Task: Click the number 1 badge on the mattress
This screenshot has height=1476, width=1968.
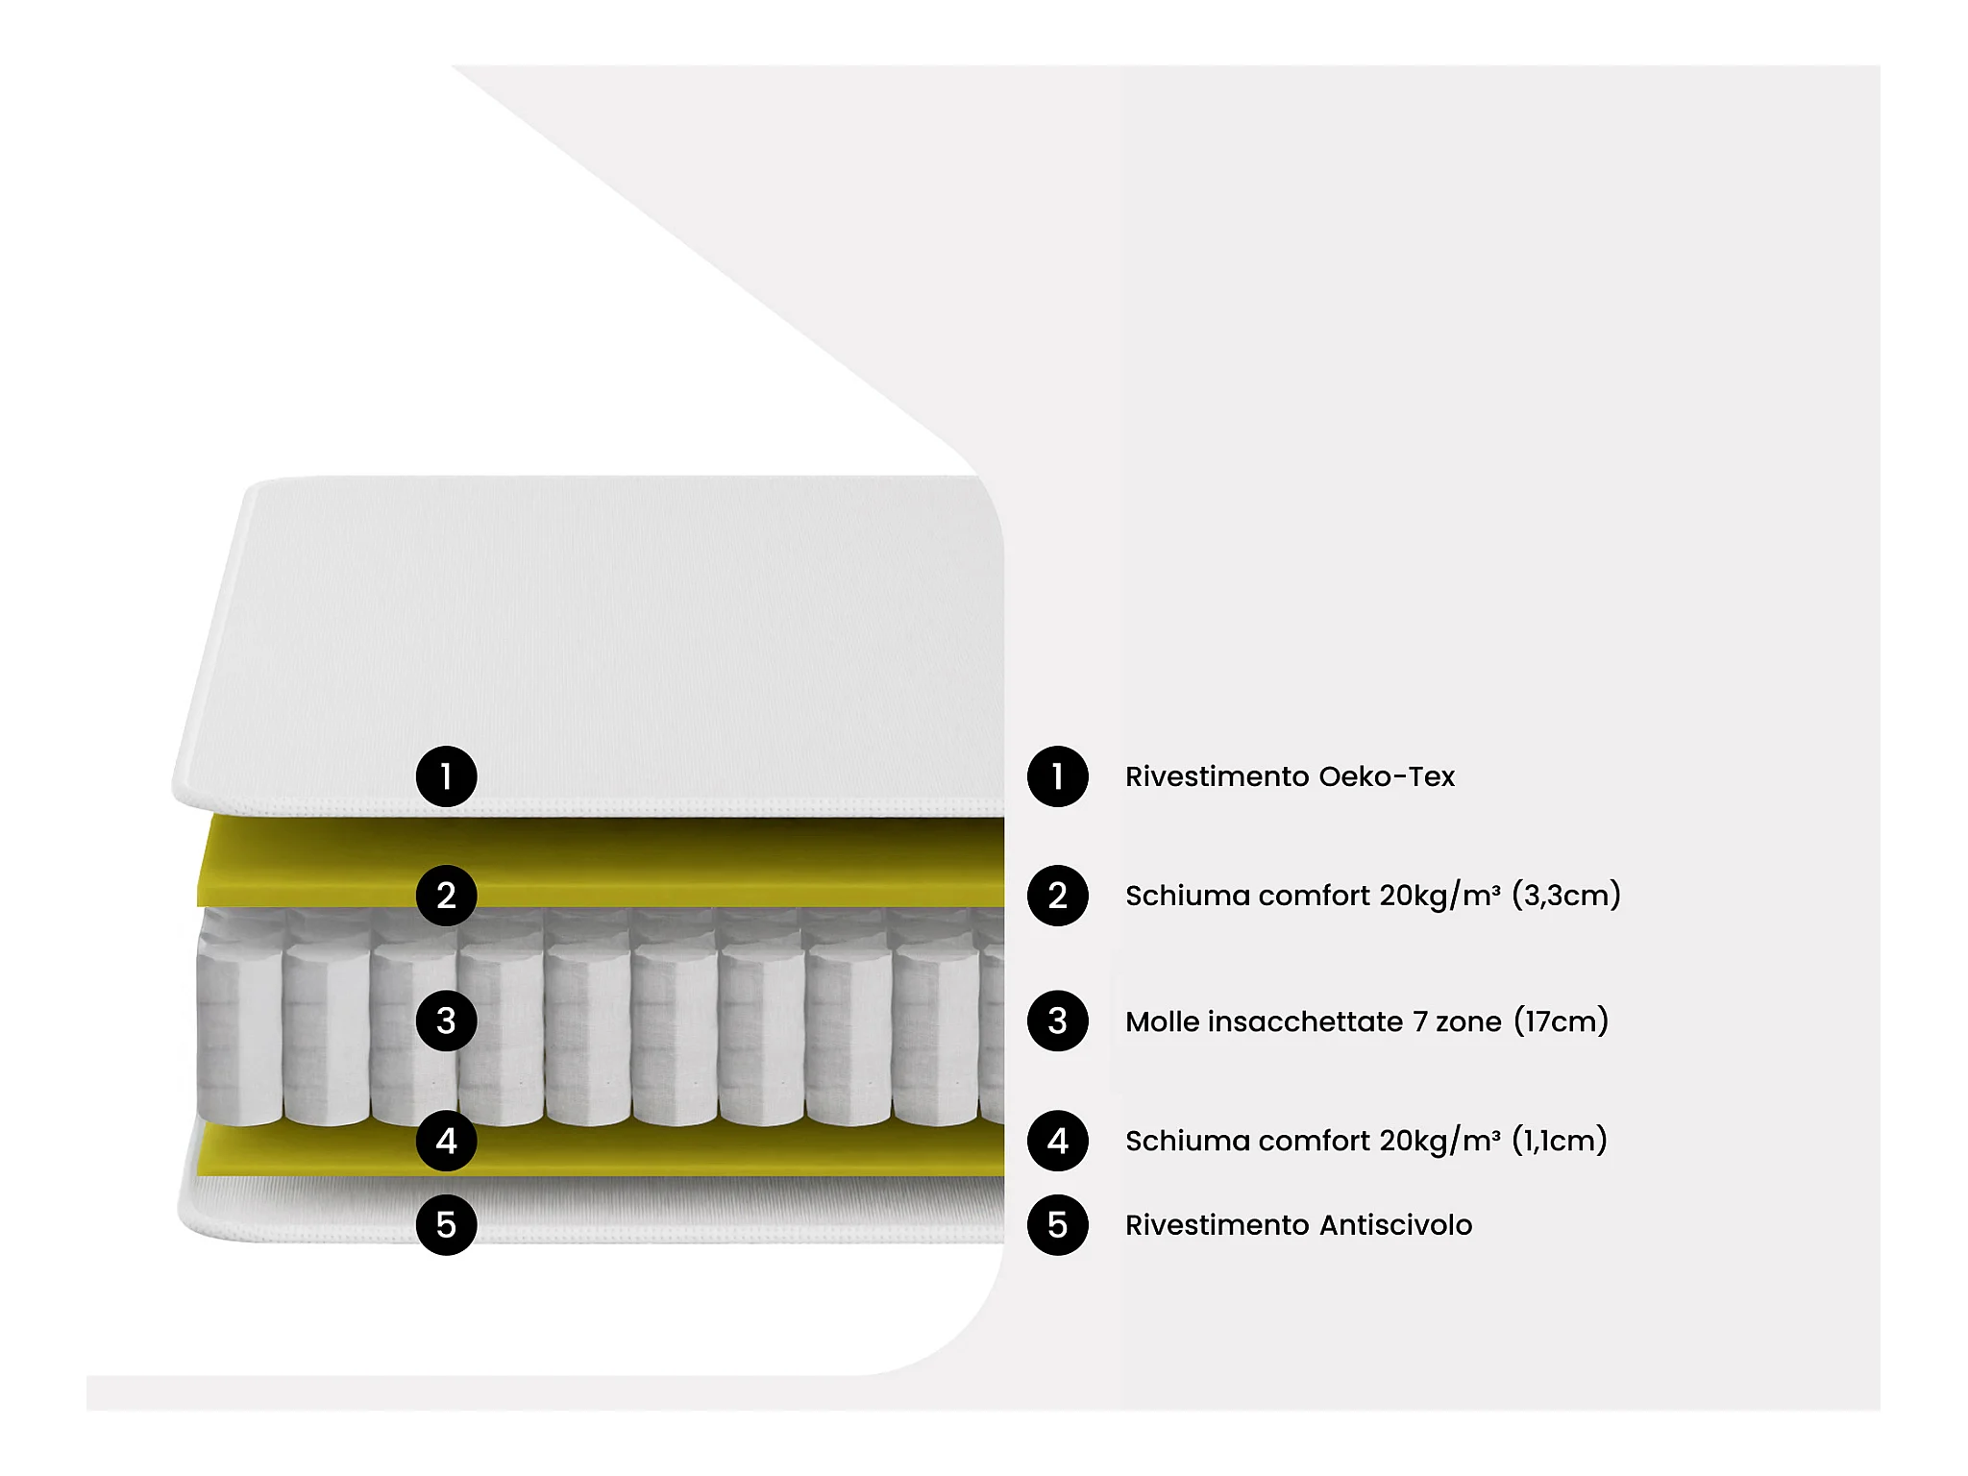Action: [446, 776]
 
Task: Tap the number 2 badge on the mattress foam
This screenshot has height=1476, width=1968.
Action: [446, 896]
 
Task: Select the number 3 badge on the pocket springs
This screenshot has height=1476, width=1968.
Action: [446, 1021]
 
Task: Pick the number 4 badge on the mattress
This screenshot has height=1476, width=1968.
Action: [446, 1141]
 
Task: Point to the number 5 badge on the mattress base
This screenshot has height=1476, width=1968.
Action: [446, 1225]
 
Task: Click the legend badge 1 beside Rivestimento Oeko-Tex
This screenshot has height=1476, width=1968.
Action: [1057, 776]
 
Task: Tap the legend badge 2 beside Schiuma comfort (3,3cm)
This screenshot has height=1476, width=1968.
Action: [1057, 896]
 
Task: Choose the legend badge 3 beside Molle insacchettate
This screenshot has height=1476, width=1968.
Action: [1057, 1021]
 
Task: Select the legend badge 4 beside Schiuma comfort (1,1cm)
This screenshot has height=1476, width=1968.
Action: [1057, 1141]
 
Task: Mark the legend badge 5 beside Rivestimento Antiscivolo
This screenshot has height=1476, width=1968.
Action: [1057, 1225]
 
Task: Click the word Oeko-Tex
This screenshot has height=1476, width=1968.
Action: [1387, 776]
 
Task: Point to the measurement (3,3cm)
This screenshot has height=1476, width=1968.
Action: [1566, 896]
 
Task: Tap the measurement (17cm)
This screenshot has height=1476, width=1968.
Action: [1561, 1021]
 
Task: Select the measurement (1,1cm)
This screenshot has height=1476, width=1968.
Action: [1560, 1141]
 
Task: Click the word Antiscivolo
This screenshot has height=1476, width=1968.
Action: [1395, 1225]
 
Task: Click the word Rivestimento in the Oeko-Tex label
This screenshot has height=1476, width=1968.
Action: [1217, 776]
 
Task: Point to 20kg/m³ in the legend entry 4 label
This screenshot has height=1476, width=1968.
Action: [1439, 1141]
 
